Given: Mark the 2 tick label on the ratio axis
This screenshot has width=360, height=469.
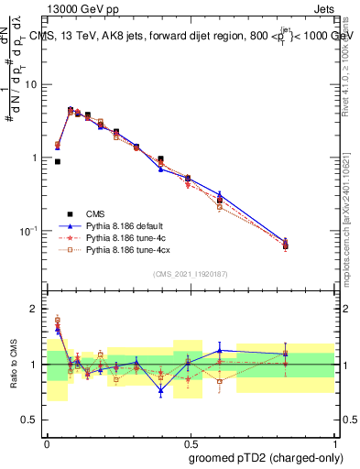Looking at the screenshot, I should pos(35,310).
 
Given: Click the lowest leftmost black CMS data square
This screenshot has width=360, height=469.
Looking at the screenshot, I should pos(58,161).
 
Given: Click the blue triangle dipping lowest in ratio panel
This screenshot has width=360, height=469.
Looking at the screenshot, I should pos(160,391).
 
